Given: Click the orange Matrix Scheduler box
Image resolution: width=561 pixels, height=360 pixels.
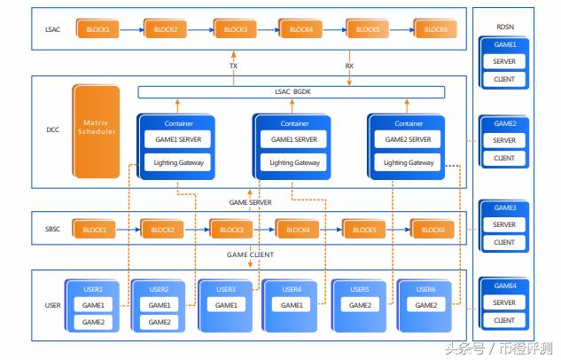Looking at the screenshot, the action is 96,131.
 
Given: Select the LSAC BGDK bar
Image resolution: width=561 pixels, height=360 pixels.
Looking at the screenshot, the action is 292,92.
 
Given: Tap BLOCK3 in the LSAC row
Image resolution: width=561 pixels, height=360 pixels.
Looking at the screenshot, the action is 235,28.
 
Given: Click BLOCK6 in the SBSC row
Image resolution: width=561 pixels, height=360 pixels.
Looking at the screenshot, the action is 432,229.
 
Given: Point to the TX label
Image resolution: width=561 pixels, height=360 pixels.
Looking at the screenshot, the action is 233,66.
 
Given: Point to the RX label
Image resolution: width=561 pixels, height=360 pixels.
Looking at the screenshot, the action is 349,66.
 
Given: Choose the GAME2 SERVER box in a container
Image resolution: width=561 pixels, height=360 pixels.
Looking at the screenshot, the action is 408,139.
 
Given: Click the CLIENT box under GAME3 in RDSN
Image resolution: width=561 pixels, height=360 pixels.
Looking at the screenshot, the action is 504,242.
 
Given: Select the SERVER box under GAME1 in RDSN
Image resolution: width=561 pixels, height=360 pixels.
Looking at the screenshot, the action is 504,61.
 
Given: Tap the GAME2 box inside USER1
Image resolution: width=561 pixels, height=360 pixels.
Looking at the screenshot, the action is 93,322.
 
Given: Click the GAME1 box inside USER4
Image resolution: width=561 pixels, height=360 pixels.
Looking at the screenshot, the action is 292,305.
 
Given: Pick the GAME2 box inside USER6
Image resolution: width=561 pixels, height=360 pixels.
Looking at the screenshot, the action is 425,305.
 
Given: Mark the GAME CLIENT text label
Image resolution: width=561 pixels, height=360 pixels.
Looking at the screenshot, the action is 250,254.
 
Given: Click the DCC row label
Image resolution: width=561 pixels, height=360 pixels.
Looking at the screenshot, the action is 52,129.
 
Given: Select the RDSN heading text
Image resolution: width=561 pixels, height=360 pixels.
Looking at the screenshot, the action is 505,27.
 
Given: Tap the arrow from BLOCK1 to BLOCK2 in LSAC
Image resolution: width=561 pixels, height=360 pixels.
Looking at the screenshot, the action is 131,29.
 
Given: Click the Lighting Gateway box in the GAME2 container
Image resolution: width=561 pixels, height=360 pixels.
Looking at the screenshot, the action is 408,162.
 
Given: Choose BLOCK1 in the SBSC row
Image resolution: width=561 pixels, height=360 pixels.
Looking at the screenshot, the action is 94,229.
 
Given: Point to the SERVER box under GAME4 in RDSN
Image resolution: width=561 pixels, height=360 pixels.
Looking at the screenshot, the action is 504,302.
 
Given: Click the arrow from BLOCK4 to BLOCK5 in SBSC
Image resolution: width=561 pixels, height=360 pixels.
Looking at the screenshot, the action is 331,230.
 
